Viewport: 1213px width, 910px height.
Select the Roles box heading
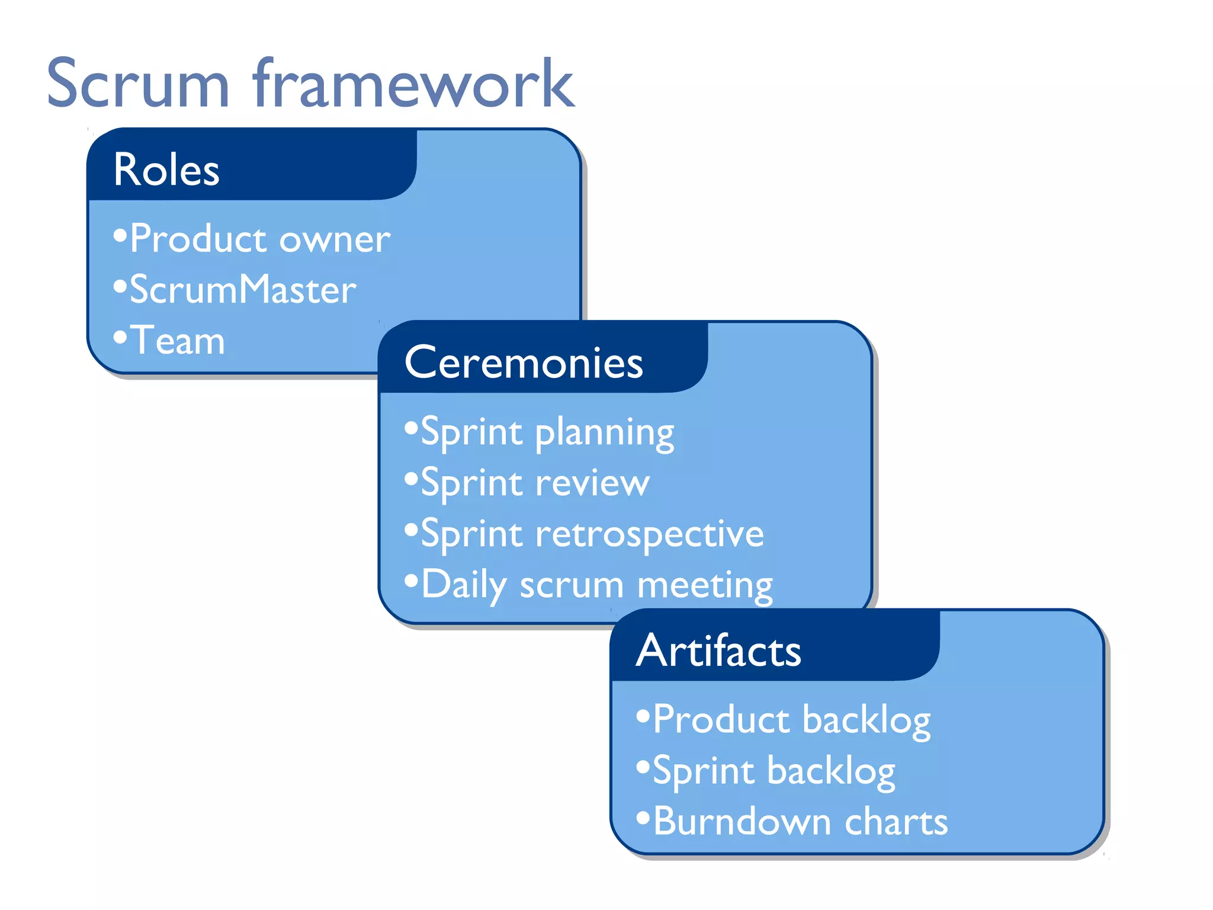[x=166, y=170]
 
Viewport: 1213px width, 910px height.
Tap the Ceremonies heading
[x=524, y=363]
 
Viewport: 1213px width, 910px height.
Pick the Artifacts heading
[x=718, y=651]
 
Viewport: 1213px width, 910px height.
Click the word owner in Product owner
[x=335, y=240]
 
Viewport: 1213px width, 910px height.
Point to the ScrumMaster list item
[x=243, y=290]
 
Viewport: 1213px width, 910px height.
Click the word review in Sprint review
[x=592, y=483]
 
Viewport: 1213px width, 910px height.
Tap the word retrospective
[x=650, y=534]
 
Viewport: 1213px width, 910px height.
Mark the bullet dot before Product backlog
[x=643, y=716]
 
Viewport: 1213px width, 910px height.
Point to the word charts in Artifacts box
[x=896, y=822]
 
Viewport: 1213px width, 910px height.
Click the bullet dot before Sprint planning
[x=411, y=428]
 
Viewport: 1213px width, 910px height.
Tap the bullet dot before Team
[x=120, y=338]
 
